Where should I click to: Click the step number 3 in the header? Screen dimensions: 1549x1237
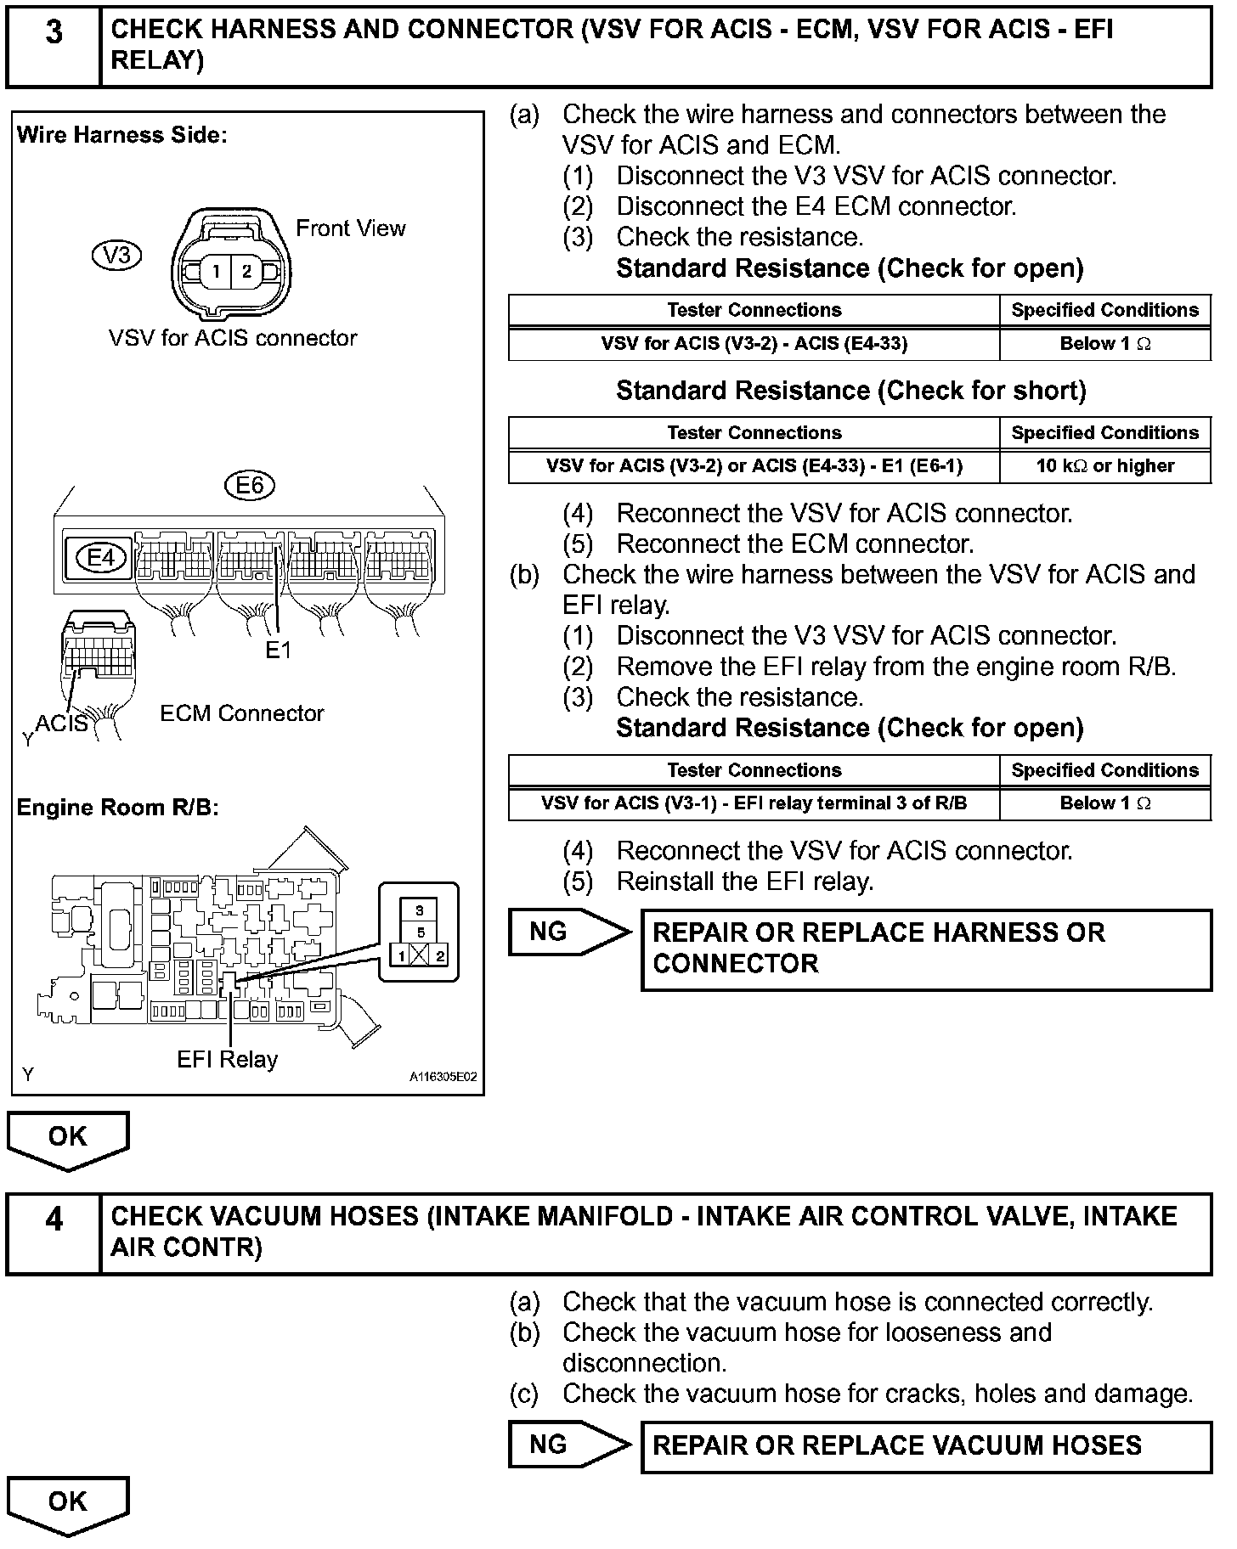coord(54,33)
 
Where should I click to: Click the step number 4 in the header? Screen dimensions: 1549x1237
coord(54,1220)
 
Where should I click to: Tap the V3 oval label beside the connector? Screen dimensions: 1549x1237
coord(116,255)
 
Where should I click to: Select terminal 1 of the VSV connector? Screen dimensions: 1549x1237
coord(217,272)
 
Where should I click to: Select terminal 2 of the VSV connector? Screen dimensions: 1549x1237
coord(246,272)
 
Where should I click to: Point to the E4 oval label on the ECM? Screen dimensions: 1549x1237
coord(101,558)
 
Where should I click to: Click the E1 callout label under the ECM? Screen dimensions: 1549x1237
coord(278,650)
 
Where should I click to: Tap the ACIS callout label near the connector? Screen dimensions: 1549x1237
coord(61,723)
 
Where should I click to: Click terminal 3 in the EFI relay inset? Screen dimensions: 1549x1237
coord(420,910)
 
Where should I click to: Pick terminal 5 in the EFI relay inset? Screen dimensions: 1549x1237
coord(420,932)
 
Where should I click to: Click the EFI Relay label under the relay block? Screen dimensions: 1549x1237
coord(227,1059)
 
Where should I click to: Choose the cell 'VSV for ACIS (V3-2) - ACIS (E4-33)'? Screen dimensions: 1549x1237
coord(754,344)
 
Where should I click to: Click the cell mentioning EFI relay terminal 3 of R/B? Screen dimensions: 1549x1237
coord(754,803)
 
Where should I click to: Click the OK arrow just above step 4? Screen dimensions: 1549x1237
coord(68,1138)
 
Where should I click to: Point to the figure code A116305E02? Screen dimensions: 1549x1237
coord(443,1077)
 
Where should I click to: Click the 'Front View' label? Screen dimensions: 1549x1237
coord(351,228)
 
